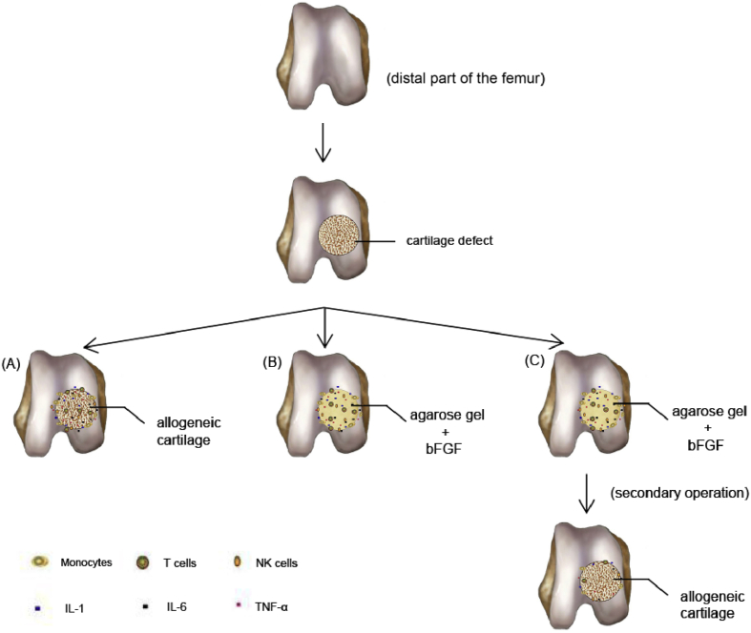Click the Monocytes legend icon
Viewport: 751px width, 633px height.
click(38, 562)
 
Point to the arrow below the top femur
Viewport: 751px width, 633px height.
click(327, 149)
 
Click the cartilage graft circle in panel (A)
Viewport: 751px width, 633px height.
click(79, 412)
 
